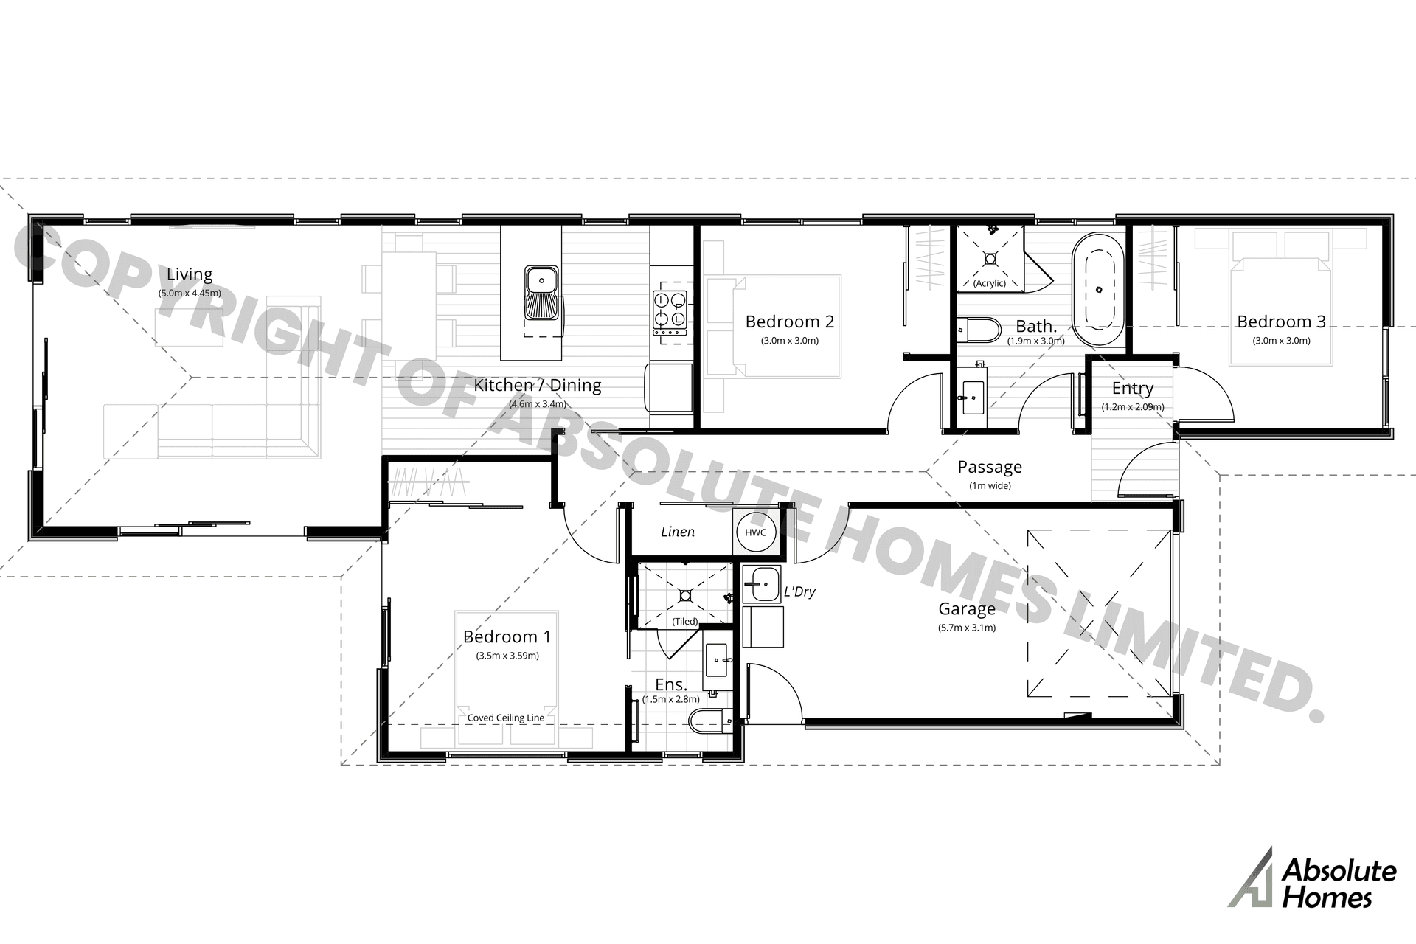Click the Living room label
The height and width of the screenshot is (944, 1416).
tap(190, 274)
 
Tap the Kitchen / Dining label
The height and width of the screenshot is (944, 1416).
tap(538, 385)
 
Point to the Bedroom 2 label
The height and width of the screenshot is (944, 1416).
tap(790, 322)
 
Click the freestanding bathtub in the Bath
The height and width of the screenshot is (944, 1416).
tap(1098, 289)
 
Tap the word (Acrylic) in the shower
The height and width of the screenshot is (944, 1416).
tap(990, 283)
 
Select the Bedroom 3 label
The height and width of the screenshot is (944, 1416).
tap(1281, 322)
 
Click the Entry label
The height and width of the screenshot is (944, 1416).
tap(1133, 389)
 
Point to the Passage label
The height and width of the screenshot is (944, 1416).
tap(990, 467)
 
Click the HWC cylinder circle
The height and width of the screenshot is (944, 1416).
tap(755, 532)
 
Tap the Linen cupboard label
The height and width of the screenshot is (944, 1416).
tap(678, 532)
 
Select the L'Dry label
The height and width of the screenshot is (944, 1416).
tap(800, 591)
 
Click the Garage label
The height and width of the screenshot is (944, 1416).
tap(967, 609)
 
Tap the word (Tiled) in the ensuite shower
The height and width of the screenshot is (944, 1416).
tap(685, 622)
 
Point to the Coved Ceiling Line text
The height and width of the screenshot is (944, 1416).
tap(506, 718)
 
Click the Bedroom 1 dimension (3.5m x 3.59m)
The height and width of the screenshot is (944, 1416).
tap(507, 656)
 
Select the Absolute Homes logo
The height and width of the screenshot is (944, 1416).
tap(1313, 878)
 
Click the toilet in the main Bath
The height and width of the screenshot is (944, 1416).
tap(977, 330)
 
